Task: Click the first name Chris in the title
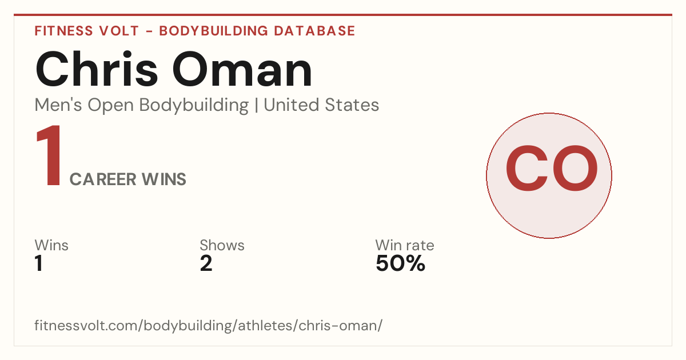97,69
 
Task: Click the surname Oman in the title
242,70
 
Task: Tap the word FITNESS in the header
63,31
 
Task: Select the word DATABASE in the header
314,31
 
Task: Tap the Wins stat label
51,245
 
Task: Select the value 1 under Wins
39,263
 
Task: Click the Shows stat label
222,245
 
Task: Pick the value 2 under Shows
206,263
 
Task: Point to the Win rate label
405,245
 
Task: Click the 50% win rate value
400,263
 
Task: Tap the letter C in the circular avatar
527,168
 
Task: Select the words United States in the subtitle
321,105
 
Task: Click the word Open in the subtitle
110,106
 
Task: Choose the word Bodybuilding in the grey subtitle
194,106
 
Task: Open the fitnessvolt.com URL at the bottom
209,325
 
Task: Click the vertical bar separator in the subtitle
256,106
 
